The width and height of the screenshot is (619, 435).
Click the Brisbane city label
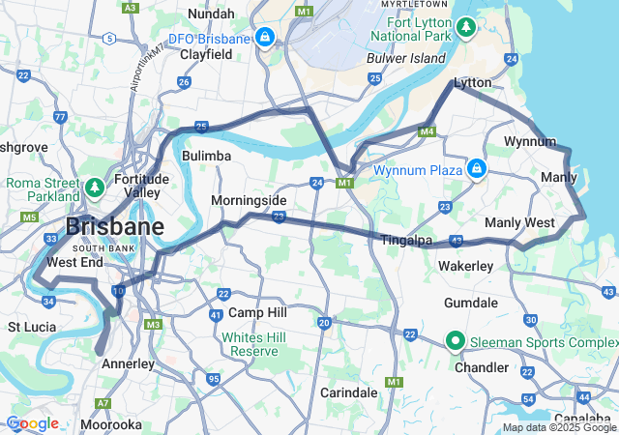pyautogui.click(x=114, y=228)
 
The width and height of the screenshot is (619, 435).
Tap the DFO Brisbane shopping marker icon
pyautogui.click(x=265, y=37)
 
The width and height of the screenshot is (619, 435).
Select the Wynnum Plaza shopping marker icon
pyautogui.click(x=476, y=169)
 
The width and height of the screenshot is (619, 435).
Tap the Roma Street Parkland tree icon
pyautogui.click(x=95, y=186)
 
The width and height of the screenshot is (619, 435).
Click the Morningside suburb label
pyautogui.click(x=250, y=200)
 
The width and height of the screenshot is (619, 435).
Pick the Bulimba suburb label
pyautogui.click(x=206, y=155)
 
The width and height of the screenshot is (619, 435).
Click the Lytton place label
pyautogui.click(x=473, y=83)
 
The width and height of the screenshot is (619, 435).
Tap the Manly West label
pyautogui.click(x=519, y=222)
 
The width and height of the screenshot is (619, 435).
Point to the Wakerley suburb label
pyautogui.click(x=465, y=265)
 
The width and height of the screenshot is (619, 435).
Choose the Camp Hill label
pyautogui.click(x=257, y=313)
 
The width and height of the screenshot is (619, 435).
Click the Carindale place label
pyautogui.click(x=349, y=392)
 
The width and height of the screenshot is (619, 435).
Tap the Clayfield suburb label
pyautogui.click(x=206, y=55)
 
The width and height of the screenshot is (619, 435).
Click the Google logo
pyautogui.click(x=33, y=423)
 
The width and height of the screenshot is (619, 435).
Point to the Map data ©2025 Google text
pyautogui.click(x=559, y=427)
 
